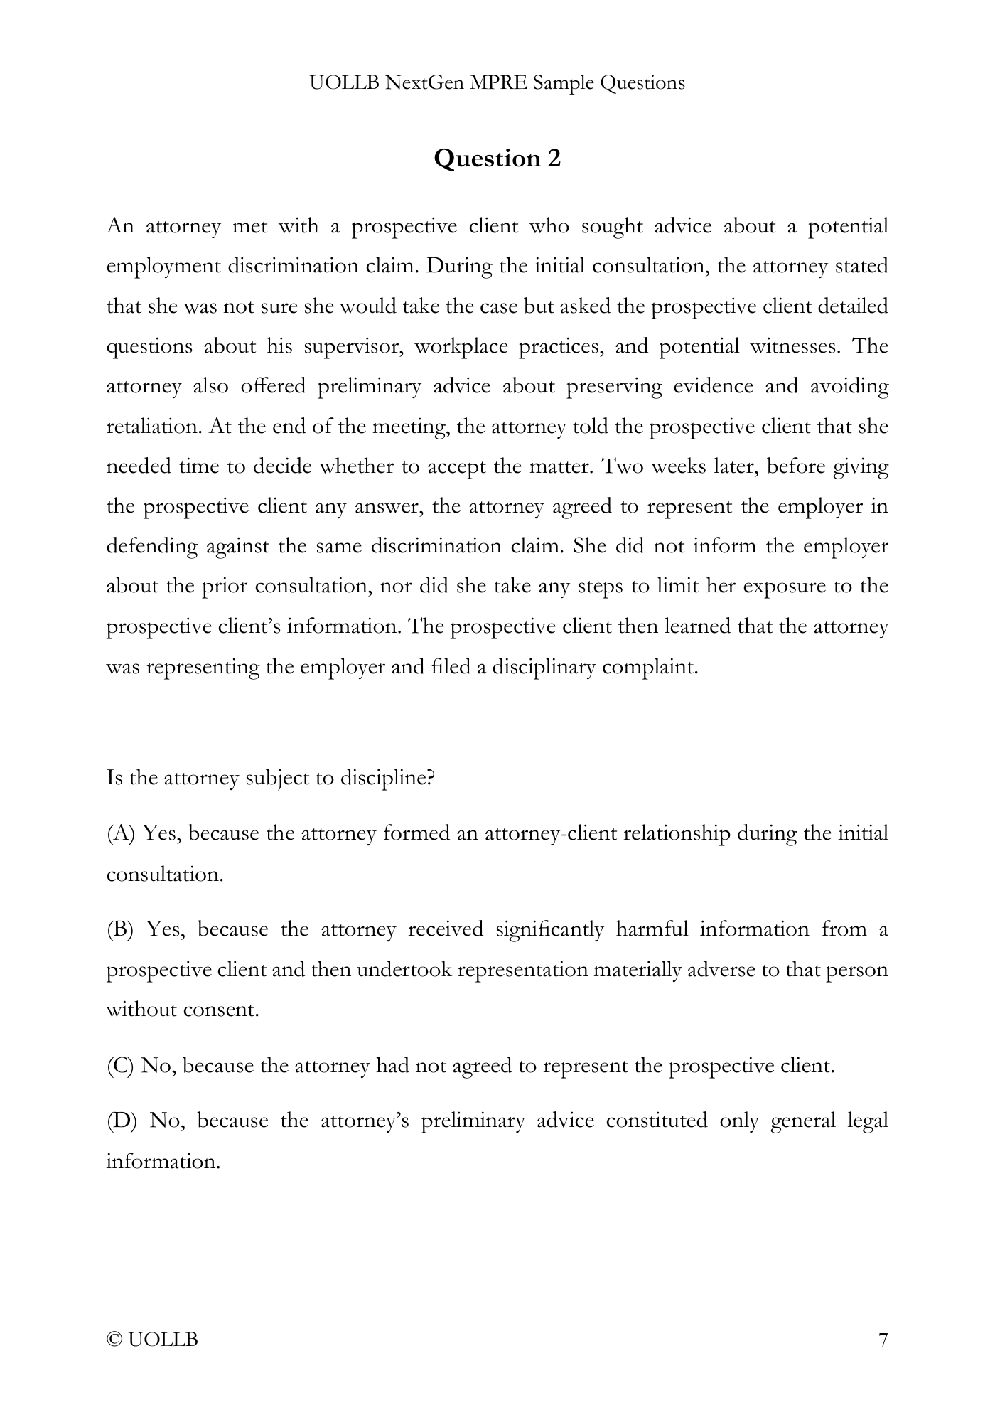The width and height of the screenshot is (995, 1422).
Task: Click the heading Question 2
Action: click(x=497, y=158)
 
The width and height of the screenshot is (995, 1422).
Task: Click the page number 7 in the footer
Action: click(x=883, y=1340)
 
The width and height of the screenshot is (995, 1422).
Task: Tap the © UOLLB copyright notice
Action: click(x=152, y=1340)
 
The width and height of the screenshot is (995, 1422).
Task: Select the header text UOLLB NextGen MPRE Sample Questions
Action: click(x=497, y=83)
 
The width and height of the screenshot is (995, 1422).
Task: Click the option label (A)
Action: click(x=120, y=833)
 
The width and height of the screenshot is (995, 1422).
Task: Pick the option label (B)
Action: click(x=119, y=929)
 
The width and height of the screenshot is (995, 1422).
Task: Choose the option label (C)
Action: click(x=119, y=1066)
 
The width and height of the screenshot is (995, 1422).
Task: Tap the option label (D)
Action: click(x=120, y=1121)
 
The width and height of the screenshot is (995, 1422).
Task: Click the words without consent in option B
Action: click(x=183, y=1010)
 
